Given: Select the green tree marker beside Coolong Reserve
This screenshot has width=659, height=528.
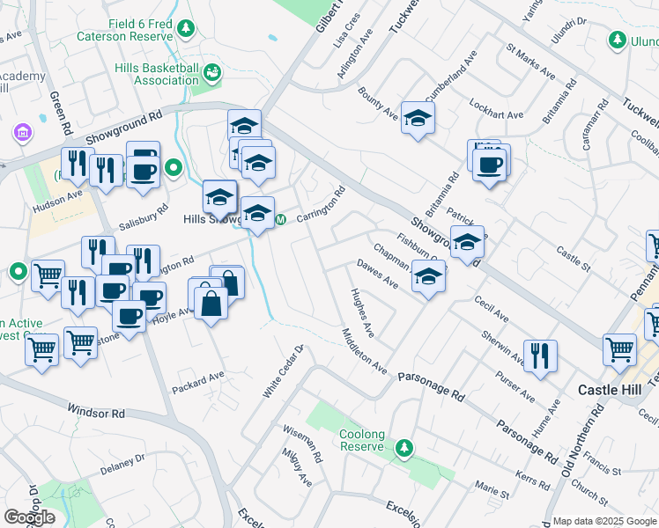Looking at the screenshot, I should [404, 448].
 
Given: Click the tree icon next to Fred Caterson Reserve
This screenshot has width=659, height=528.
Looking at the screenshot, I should [186, 30].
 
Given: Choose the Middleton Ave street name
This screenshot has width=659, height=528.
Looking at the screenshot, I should [364, 350].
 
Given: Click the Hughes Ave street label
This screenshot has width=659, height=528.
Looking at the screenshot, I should [362, 312].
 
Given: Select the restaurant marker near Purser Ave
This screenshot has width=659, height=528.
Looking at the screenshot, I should [541, 356].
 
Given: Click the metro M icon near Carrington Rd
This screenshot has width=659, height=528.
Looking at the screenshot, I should [281, 219].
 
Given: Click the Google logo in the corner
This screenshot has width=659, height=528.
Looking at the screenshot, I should [29, 517].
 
